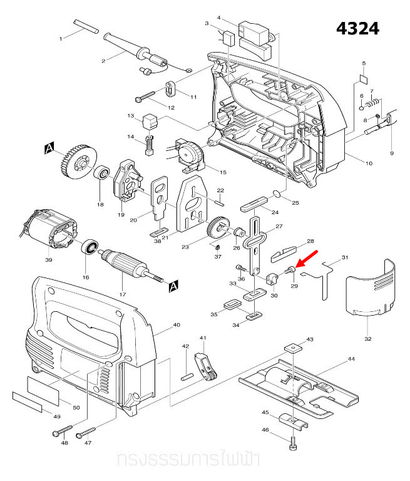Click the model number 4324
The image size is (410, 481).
pos(357,29)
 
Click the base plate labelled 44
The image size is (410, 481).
pos(300,386)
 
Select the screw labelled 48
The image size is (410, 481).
pos(60,433)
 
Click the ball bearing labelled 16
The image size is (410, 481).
pos(91,248)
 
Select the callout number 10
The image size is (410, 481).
pos(369,163)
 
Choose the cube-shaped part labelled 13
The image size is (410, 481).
pos(150,119)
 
